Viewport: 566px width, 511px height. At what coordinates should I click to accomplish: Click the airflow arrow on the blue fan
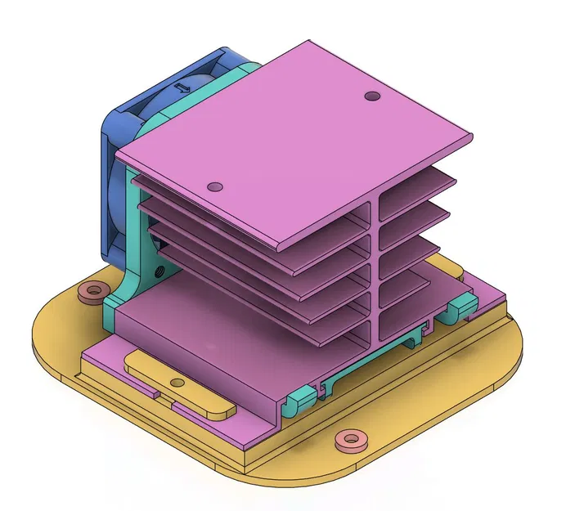(182, 85)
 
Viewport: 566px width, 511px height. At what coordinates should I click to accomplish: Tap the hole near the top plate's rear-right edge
(372, 96)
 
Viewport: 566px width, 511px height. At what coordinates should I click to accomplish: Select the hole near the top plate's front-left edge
(215, 186)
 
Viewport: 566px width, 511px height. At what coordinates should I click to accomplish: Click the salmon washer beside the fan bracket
(92, 291)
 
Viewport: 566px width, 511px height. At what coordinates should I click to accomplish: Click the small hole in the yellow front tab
(177, 383)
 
